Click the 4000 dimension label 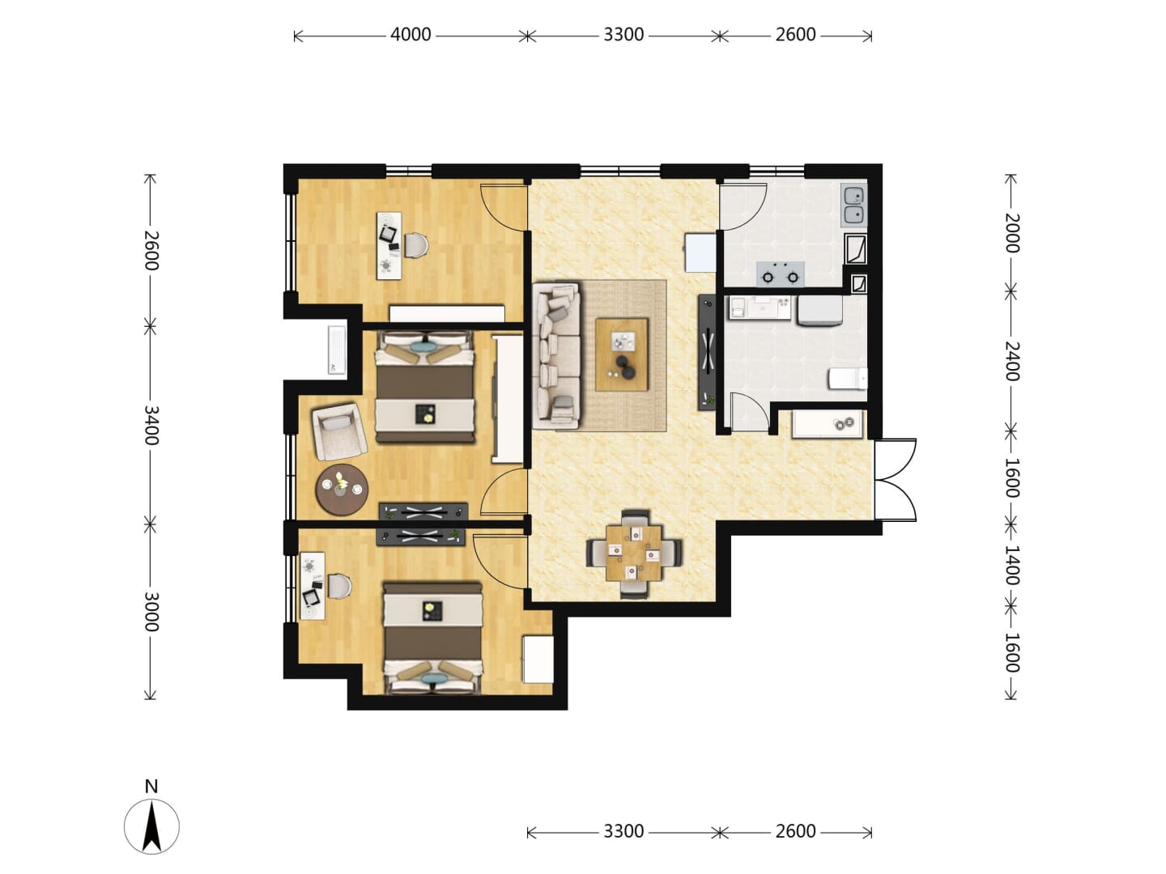pyautogui.click(x=410, y=35)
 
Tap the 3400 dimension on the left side pyautogui.click(x=151, y=425)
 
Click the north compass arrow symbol pyautogui.click(x=151, y=825)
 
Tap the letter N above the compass pyautogui.click(x=151, y=786)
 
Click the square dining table pyautogui.click(x=634, y=553)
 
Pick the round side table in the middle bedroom pyautogui.click(x=342, y=490)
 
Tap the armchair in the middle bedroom pyautogui.click(x=339, y=431)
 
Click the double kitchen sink pyautogui.click(x=853, y=206)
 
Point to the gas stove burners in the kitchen pyautogui.click(x=780, y=274)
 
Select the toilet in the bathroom pyautogui.click(x=848, y=379)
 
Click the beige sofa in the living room pyautogui.click(x=556, y=355)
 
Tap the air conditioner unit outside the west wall pyautogui.click(x=337, y=350)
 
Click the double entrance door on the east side pyautogui.click(x=896, y=479)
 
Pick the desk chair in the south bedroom pyautogui.click(x=338, y=586)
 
